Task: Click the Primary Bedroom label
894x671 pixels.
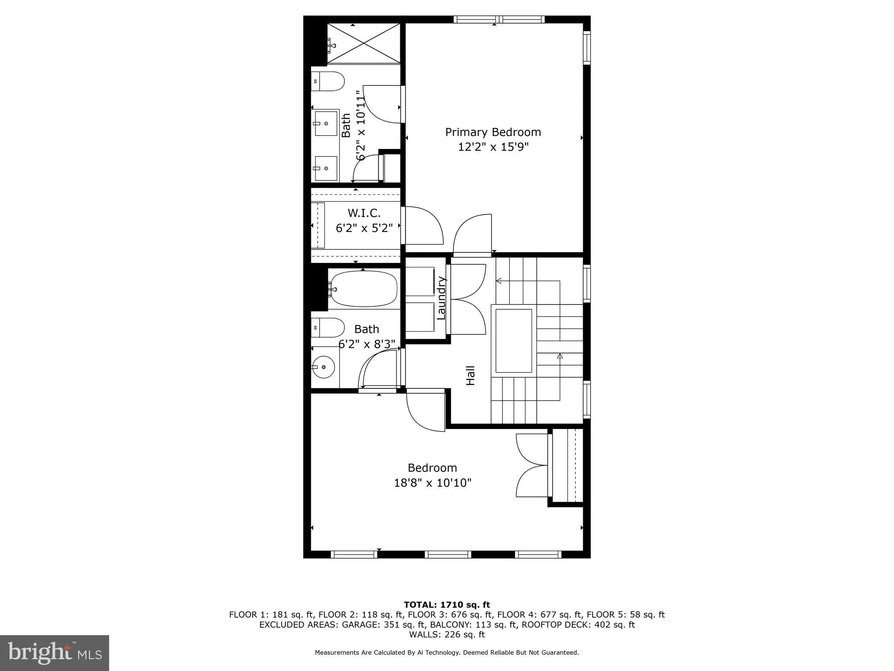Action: pos(493,132)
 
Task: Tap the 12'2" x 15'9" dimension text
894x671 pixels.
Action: pos(493,147)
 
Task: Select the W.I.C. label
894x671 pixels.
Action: pos(364,213)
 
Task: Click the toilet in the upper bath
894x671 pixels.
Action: pos(328,81)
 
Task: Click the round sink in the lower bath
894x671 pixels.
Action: pos(323,368)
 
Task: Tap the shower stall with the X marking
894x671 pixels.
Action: pos(363,44)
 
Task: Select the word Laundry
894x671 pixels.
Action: pos(441,298)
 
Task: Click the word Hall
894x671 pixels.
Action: pos(470,376)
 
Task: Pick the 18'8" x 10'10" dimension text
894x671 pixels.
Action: pos(432,483)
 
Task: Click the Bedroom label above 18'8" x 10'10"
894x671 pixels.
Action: pos(432,468)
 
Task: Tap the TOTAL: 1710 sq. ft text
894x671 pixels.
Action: pos(447,605)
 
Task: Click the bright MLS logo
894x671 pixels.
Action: pos(55,653)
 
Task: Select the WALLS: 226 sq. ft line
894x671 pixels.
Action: pos(447,634)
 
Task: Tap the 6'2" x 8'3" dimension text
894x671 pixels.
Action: pos(367,344)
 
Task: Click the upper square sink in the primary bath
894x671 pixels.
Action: pos(326,124)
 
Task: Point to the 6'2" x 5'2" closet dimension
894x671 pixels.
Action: pos(364,228)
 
